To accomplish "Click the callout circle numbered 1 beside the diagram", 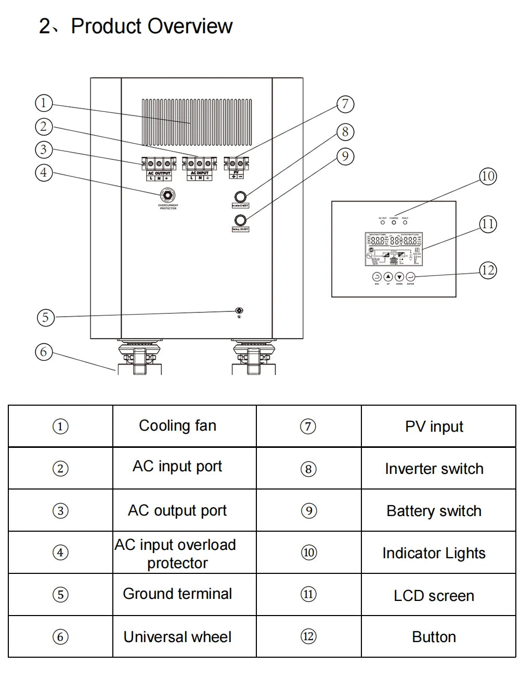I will click(x=44, y=103).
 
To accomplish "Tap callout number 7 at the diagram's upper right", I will click(x=345, y=104).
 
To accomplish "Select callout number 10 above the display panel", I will click(x=487, y=176).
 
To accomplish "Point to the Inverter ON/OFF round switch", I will click(x=240, y=196).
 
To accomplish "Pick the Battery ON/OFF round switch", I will click(x=240, y=219).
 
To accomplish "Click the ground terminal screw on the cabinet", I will click(x=239, y=311).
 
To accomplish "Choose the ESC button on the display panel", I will click(x=377, y=277).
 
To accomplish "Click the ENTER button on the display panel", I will click(x=410, y=277).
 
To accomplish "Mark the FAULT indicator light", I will click(x=405, y=222).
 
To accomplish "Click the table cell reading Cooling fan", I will click(x=177, y=426).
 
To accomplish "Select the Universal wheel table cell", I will click(x=177, y=637).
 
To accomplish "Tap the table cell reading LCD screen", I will click(x=434, y=595).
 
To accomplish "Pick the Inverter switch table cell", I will click(x=434, y=469).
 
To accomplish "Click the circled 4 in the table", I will click(x=61, y=553).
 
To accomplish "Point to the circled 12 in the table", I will click(x=308, y=636).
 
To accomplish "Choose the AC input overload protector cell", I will click(x=177, y=553).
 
